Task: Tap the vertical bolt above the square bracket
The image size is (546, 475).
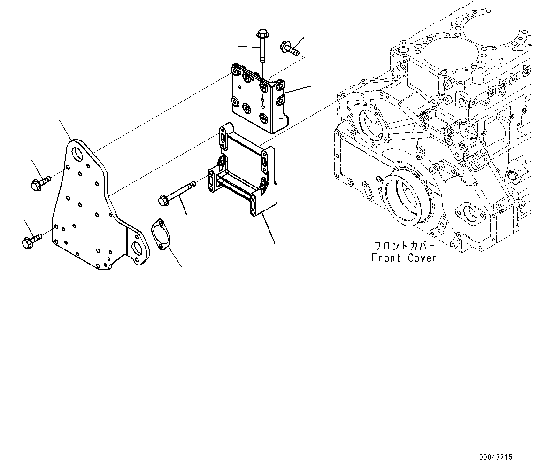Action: [x=261, y=47]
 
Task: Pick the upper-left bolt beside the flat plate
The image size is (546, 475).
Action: [x=39, y=183]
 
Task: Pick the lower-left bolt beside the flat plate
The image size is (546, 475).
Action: [x=31, y=240]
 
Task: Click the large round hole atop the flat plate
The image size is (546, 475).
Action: [x=77, y=154]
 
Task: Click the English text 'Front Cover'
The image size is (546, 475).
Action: [x=404, y=257]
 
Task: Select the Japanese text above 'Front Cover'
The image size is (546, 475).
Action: [x=404, y=246]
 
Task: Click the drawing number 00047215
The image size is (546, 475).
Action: [x=496, y=457]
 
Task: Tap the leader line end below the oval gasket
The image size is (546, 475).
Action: [x=182, y=267]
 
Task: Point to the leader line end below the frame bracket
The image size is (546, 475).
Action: [x=274, y=243]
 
